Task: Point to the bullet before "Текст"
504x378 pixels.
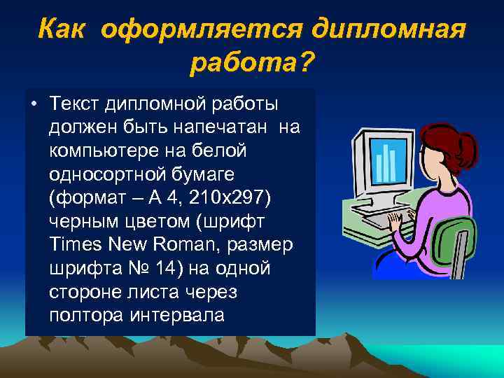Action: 34,104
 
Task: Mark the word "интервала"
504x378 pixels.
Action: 178,315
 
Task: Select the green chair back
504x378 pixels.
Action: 457,241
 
